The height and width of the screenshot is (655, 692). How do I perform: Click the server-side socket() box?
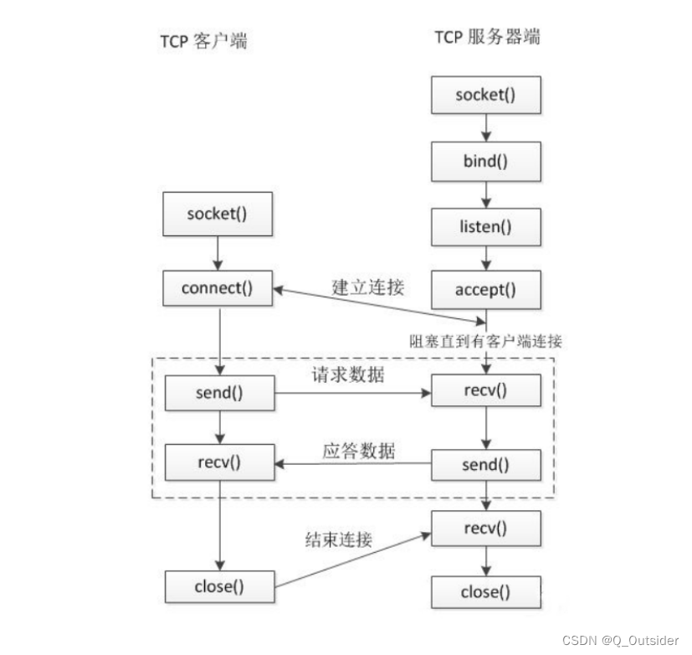pyautogui.click(x=485, y=95)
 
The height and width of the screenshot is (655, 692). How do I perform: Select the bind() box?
pyautogui.click(x=485, y=160)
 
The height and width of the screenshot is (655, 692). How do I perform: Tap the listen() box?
pyautogui.click(x=485, y=225)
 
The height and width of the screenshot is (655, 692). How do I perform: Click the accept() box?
pyautogui.click(x=485, y=291)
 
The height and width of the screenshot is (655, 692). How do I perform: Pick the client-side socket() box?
pyautogui.click(x=218, y=212)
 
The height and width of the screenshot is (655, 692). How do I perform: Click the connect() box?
pyautogui.click(x=218, y=289)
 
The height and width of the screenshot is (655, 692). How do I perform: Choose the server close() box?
pyautogui.click(x=485, y=592)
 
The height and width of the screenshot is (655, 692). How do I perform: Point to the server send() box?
pyautogui.click(x=485, y=463)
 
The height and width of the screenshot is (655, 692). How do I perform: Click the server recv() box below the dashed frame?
pyautogui.click(x=485, y=529)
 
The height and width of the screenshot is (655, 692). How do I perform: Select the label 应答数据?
pyautogui.click(x=359, y=450)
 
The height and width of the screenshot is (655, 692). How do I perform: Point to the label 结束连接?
pyautogui.click(x=337, y=541)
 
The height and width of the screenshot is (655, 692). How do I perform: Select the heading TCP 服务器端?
pyautogui.click(x=487, y=37)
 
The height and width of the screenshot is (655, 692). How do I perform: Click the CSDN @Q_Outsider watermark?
pyautogui.click(x=620, y=640)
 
